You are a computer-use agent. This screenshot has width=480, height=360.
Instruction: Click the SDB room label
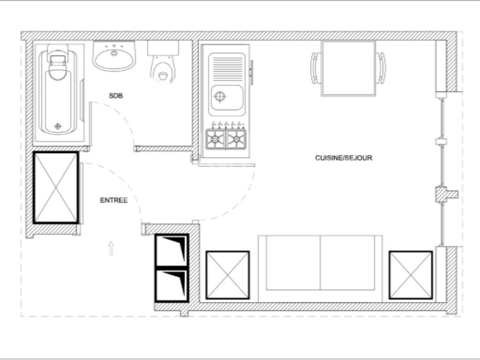pos(116,96)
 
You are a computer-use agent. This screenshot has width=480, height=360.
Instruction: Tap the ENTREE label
pos(113,200)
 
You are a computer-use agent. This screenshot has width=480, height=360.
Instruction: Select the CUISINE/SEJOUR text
pos(344,158)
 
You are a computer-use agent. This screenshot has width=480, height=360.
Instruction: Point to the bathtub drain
pos(58,126)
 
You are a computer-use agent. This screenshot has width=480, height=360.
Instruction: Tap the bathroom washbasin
pos(114,56)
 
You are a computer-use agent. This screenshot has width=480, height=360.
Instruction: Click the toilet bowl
pos(163,68)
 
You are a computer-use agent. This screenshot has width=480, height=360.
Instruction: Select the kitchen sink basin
pos(227,97)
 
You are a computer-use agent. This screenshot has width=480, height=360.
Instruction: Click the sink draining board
pos(227,67)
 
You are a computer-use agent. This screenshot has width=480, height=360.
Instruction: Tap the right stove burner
pos(236,139)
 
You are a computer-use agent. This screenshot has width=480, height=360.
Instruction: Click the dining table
pos(348,68)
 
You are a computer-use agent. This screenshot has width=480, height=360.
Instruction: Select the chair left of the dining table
pos(315,67)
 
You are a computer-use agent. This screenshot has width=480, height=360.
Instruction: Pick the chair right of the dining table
pos(382,67)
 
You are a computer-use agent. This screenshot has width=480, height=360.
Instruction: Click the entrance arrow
pos(111,247)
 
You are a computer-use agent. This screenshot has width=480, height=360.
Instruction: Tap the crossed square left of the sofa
pos(227,275)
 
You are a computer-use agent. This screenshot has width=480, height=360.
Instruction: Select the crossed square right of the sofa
pos(411,275)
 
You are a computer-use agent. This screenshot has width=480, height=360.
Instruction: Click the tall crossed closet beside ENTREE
pos(56,187)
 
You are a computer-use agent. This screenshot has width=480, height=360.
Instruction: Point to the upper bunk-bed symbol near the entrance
pos(172,250)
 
